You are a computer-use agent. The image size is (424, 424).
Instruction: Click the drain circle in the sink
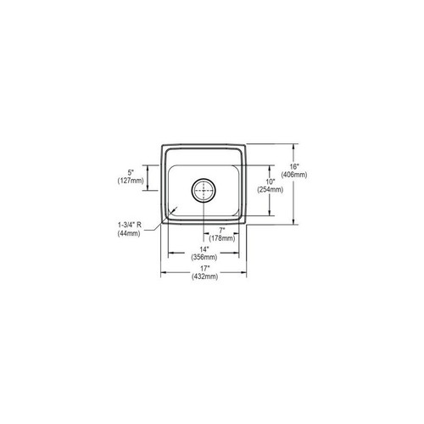(203, 191)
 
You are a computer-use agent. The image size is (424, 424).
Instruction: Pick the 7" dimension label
(221, 230)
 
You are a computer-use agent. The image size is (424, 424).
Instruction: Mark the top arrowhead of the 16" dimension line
(295, 142)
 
